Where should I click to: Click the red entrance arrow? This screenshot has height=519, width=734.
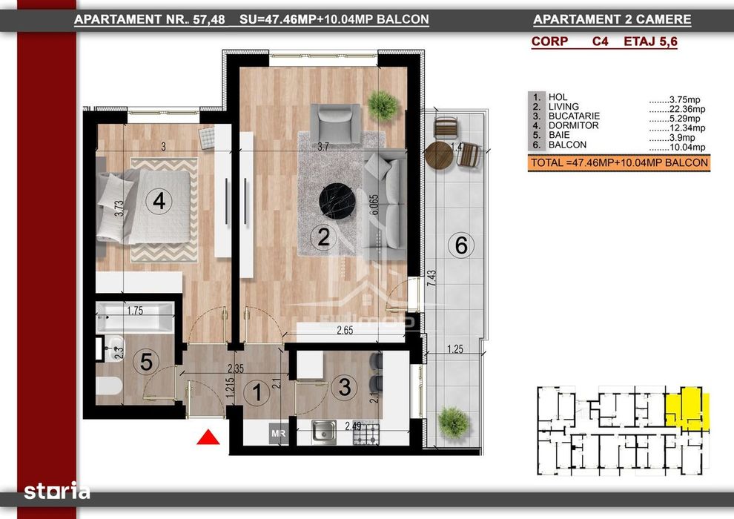[208, 437]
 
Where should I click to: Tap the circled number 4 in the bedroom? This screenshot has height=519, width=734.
[159, 201]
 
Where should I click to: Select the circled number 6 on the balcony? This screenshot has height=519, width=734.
[461, 245]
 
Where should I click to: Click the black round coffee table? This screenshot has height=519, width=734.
[337, 201]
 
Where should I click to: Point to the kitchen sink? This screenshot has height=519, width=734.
[323, 432]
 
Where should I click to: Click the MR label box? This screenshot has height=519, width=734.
[279, 434]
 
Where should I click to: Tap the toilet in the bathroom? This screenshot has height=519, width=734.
[108, 386]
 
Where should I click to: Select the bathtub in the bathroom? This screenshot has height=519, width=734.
[135, 318]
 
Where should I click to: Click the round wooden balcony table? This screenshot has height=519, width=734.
[439, 156]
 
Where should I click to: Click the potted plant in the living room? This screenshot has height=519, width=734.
[383, 105]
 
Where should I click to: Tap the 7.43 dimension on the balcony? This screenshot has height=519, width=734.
[432, 279]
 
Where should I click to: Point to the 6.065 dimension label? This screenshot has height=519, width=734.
[374, 205]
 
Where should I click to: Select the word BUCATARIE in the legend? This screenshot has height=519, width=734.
[574, 116]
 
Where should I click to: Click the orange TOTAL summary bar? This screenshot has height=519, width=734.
[619, 163]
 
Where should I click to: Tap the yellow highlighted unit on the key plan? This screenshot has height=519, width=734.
[687, 408]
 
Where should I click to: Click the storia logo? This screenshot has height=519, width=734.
[56, 490]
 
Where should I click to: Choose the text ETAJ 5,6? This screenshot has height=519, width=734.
[650, 42]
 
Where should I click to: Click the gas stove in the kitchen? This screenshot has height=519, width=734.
[366, 434]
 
